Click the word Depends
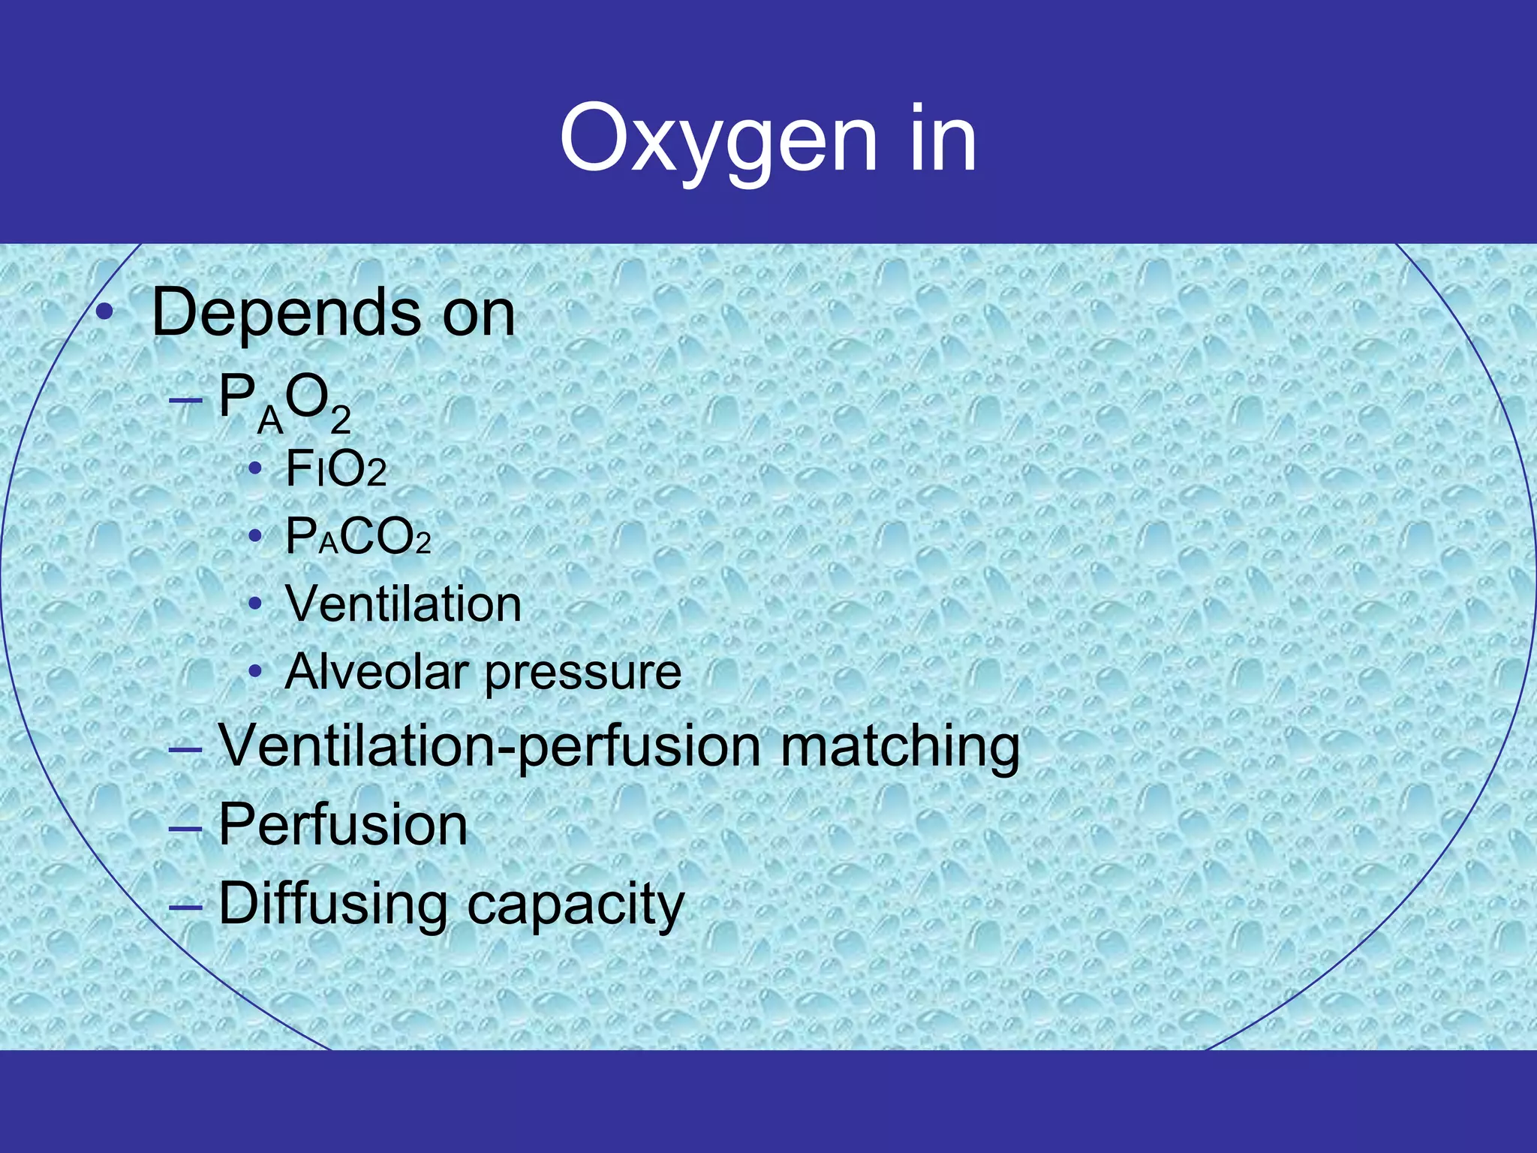click(x=286, y=314)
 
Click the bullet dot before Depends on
click(x=105, y=312)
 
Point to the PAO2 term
click(x=285, y=402)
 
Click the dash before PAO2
click(x=185, y=399)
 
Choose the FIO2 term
click(x=336, y=470)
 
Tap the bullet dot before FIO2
click(x=255, y=469)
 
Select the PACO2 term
click(x=359, y=537)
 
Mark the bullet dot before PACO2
click(x=255, y=536)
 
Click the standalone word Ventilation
click(x=403, y=604)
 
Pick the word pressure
click(x=583, y=673)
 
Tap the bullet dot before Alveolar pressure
click(x=255, y=670)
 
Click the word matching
click(x=900, y=748)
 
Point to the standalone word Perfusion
click(x=343, y=824)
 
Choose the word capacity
click(x=576, y=905)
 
